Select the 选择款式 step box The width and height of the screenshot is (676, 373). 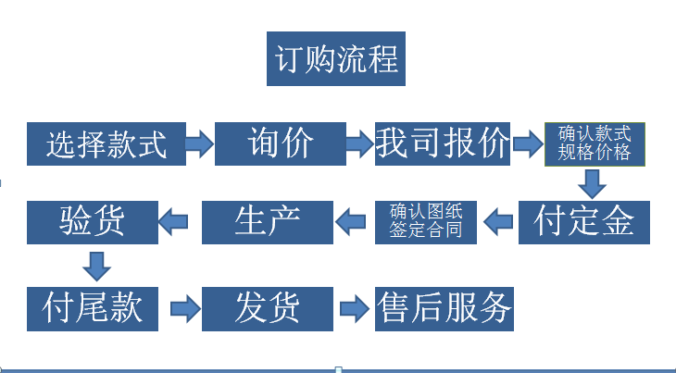(106, 143)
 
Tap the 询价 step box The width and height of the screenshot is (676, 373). (281, 143)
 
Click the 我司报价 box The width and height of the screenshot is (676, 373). (443, 143)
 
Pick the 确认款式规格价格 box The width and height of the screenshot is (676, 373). (594, 143)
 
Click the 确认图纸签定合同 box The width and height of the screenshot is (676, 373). (426, 221)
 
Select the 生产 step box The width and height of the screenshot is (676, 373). (268, 221)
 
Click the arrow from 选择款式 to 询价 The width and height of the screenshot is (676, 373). (199, 143)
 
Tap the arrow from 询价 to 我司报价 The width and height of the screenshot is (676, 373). (359, 143)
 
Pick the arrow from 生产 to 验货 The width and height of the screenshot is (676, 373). (180, 221)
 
